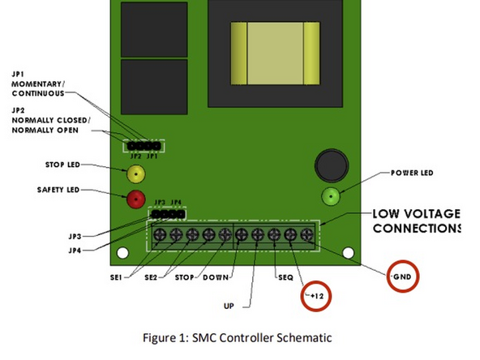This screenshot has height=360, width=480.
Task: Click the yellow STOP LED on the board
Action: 135,173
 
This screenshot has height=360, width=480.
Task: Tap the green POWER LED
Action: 331,195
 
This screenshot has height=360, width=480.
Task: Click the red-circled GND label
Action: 405,278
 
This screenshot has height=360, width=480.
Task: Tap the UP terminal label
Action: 229,306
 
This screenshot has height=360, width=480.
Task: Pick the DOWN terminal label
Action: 215,278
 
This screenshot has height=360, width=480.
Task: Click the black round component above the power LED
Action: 331,165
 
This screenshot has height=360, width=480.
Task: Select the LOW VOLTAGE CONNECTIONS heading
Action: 416,221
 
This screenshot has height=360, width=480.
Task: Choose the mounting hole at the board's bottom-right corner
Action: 349,253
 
